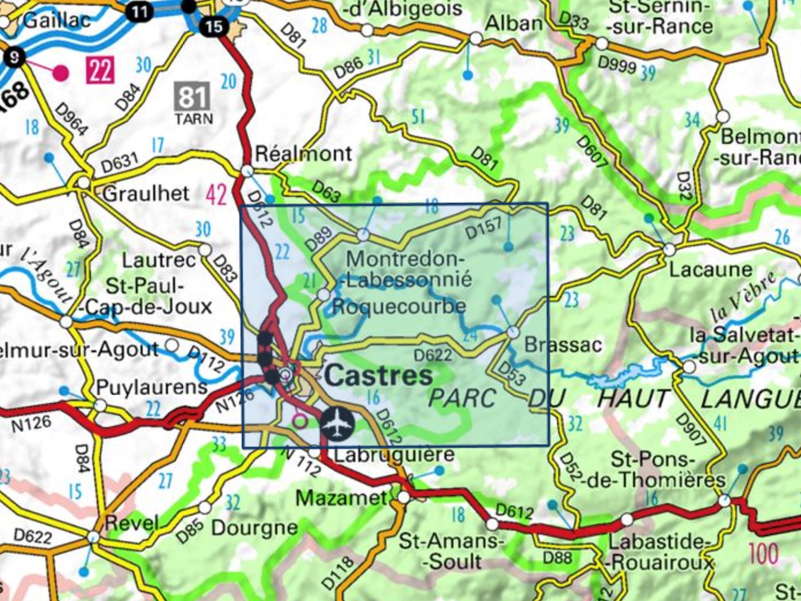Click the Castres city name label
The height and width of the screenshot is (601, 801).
[x=379, y=376]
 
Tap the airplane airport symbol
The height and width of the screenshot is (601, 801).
[x=337, y=424]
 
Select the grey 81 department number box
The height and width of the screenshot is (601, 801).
[x=192, y=97]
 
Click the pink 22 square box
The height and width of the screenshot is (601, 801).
[x=100, y=70]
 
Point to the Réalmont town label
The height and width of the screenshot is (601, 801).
[x=303, y=154]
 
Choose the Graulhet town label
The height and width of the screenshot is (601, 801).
[x=146, y=193]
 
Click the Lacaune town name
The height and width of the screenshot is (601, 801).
[x=710, y=269]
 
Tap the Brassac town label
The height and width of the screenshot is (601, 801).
[x=563, y=344]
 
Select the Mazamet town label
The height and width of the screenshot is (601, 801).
[x=341, y=497]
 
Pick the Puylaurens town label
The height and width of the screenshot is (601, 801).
[x=151, y=387]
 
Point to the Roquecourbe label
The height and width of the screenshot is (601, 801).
[x=398, y=306]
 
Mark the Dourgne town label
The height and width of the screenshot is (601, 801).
[x=254, y=527]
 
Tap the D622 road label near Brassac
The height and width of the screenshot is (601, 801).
[x=433, y=355]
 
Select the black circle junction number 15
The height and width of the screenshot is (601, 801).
[x=213, y=26]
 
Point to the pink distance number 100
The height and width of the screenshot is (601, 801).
[x=763, y=554]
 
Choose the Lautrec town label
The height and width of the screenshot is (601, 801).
[x=159, y=261]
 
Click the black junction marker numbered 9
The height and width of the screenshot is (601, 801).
[x=14, y=56]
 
